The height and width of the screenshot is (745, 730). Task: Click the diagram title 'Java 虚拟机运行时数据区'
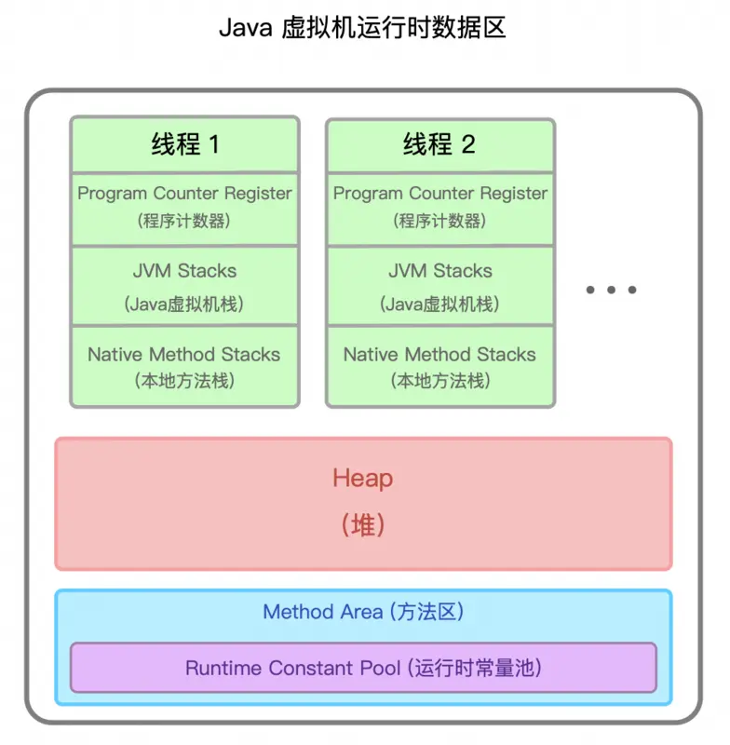point(362,28)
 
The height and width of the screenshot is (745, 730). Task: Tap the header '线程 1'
point(184,144)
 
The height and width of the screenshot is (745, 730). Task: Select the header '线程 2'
point(439,144)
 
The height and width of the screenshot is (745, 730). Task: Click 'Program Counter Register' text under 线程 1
point(184,194)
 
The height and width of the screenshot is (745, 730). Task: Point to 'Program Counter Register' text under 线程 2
point(440,194)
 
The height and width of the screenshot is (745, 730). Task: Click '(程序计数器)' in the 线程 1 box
point(184,222)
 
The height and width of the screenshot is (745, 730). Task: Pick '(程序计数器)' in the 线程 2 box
point(440,222)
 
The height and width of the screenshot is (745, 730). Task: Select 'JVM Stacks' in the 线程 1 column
point(184,271)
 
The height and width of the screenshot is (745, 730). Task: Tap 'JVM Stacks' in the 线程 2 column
point(440,271)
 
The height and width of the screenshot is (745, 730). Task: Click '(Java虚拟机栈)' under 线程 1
point(184,304)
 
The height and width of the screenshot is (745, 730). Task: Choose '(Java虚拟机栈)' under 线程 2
point(440,304)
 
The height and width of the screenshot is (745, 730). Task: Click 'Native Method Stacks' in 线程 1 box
point(184,355)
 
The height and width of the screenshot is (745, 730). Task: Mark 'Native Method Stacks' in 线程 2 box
point(440,355)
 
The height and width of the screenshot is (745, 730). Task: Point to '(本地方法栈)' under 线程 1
point(184,381)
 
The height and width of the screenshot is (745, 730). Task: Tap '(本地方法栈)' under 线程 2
point(440,381)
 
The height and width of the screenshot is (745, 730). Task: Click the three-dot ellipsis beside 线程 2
point(611,290)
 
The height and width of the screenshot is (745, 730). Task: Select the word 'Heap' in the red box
point(363,479)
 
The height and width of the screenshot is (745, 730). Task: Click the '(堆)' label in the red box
point(363,524)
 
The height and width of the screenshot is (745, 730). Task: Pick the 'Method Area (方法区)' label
point(363,612)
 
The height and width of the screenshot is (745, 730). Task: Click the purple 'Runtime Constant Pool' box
point(363,668)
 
